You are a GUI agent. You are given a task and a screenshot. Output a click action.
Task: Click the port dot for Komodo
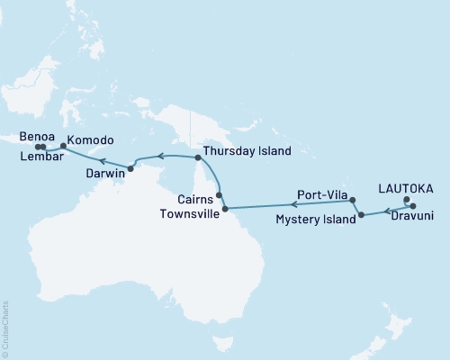63,146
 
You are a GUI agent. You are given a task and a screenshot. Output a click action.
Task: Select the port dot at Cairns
219,193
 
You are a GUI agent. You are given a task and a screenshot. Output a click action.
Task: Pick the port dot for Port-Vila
353,200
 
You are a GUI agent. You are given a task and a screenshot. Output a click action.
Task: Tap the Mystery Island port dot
361,215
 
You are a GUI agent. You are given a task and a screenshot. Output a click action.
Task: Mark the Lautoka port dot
406,200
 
